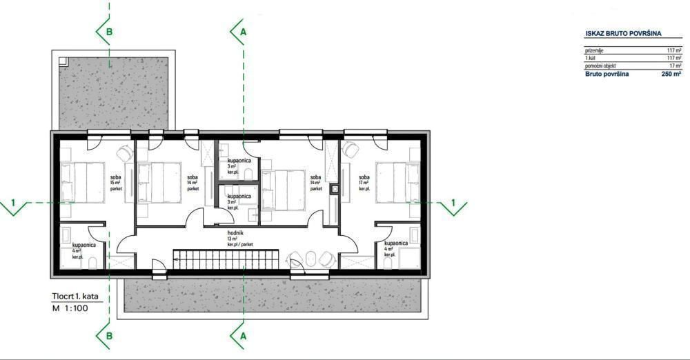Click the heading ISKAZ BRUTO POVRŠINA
[x=623, y=32]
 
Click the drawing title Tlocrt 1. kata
[x=75, y=296]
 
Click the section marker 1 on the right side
[x=453, y=203]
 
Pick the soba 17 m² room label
[x=364, y=182]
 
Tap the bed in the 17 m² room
[x=397, y=183]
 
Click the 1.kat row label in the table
[x=592, y=59]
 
